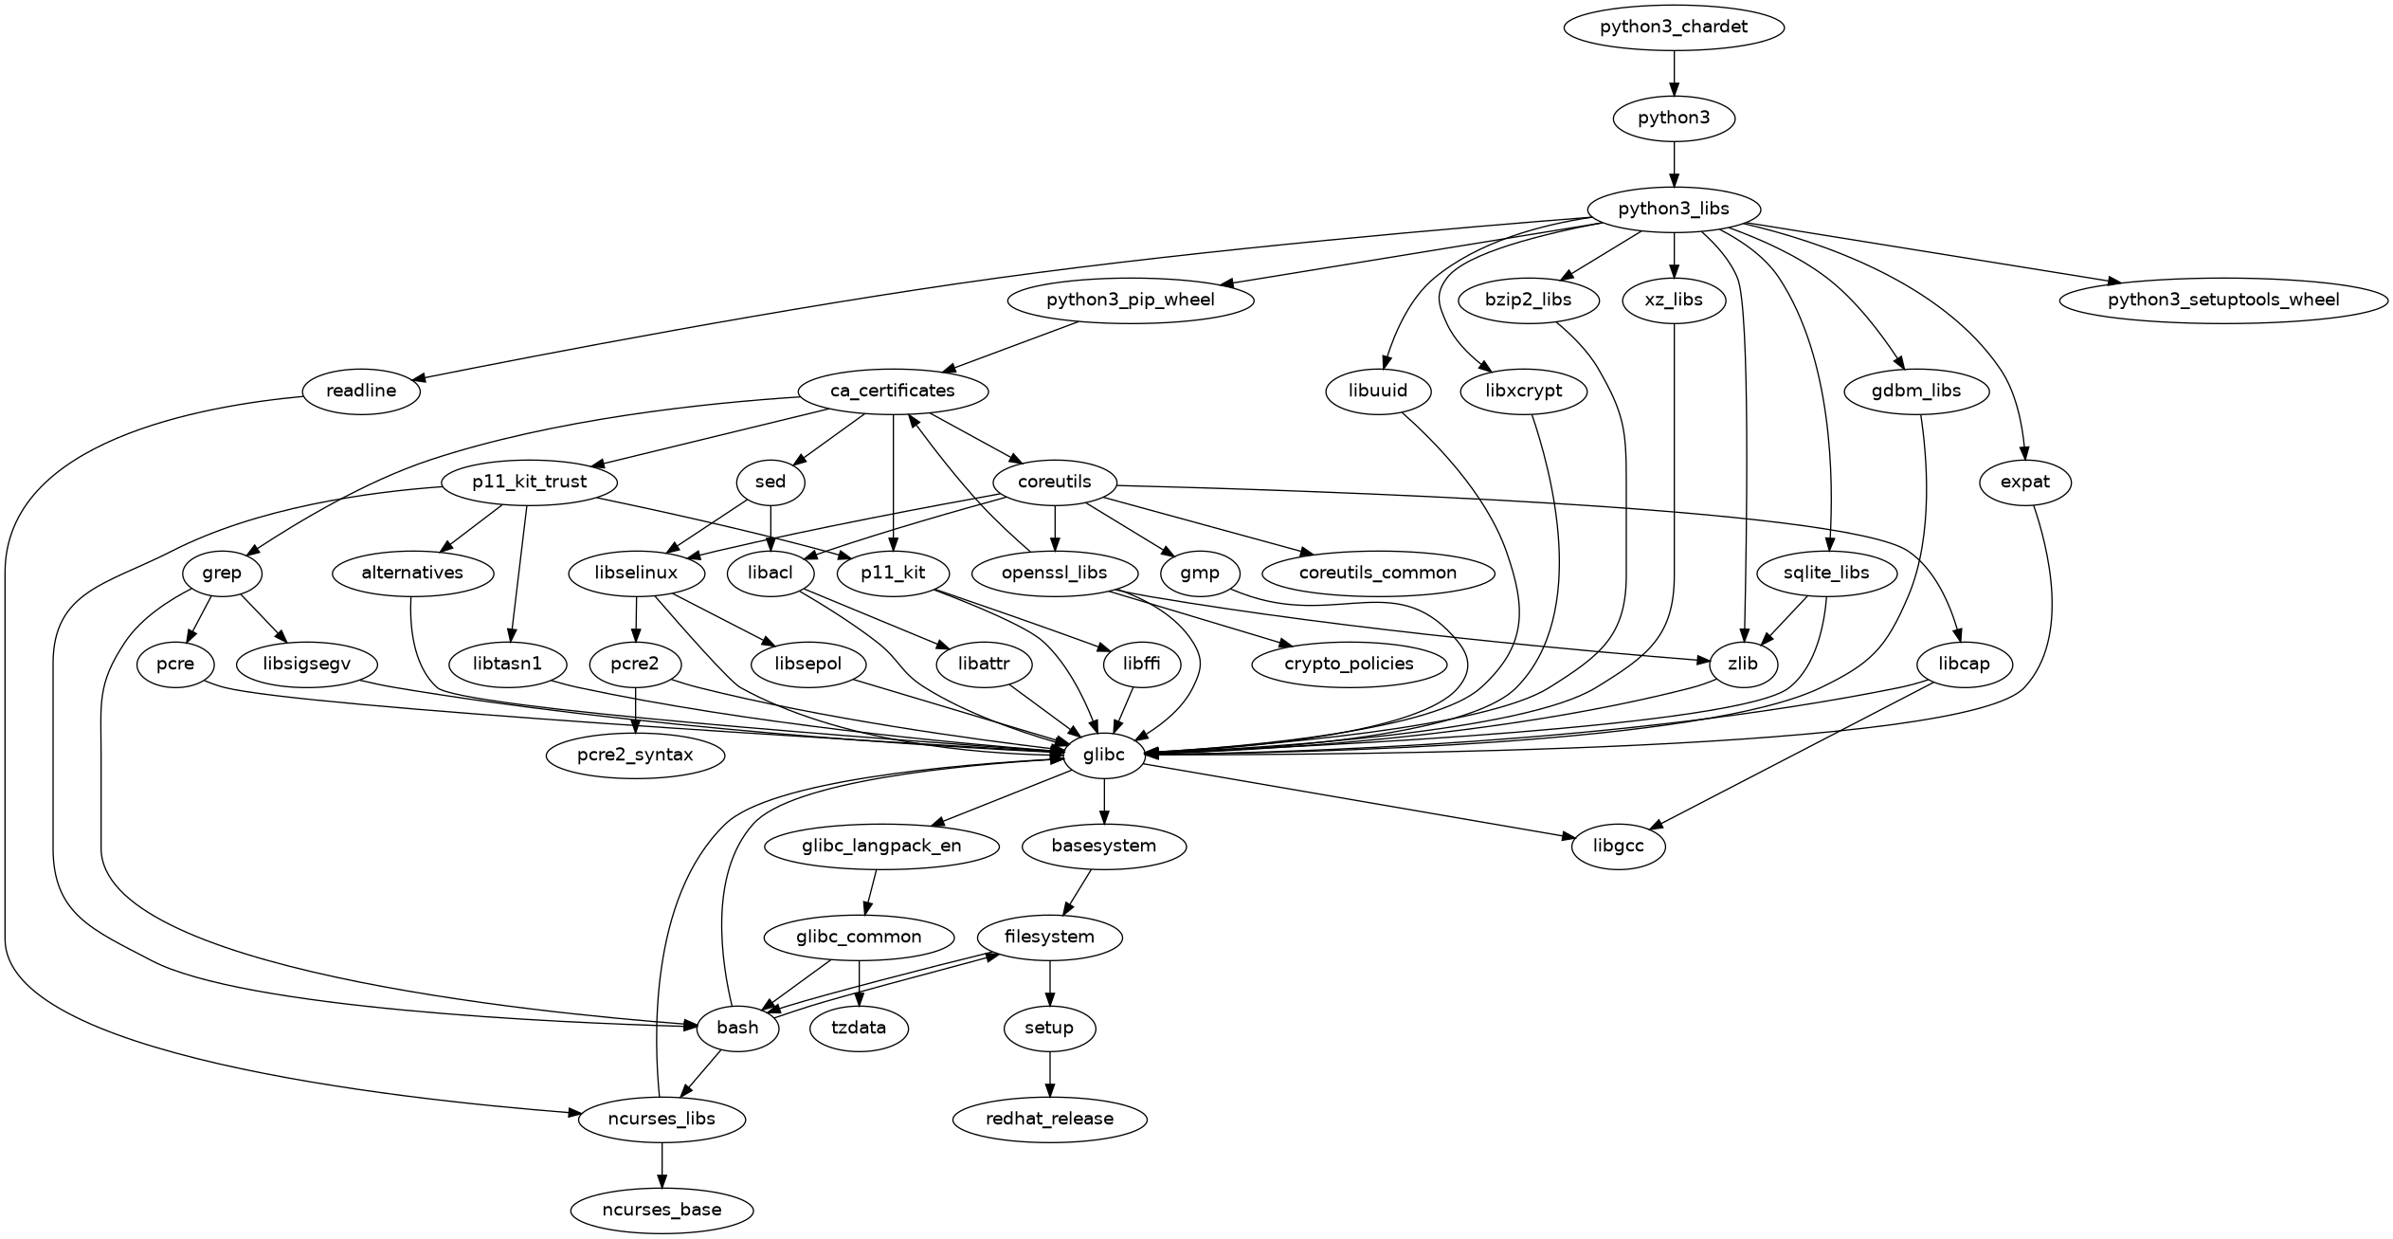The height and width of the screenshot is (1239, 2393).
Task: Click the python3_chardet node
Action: (1674, 27)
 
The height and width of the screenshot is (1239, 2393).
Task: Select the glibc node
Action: (1104, 756)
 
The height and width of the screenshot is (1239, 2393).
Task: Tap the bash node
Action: (737, 1028)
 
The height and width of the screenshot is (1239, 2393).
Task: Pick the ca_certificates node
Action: (893, 391)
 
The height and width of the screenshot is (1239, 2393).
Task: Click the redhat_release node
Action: (1049, 1119)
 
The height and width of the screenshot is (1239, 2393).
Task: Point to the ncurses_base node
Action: (662, 1210)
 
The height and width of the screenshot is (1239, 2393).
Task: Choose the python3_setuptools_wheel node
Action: (2223, 301)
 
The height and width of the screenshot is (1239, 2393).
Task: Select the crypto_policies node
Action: (1349, 664)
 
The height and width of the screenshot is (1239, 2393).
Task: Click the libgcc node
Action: (1619, 846)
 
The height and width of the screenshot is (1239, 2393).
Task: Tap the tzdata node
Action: (859, 1028)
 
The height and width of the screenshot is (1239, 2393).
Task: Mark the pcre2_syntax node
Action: (635, 756)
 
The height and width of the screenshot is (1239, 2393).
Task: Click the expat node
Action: (2025, 482)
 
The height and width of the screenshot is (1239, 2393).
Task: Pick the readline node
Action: (361, 391)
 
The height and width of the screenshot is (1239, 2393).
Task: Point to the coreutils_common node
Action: (1378, 573)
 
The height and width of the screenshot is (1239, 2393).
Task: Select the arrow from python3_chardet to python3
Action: (1674, 73)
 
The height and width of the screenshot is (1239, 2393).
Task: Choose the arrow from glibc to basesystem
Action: (1104, 801)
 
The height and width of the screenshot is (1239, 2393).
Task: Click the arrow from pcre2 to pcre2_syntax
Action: (635, 710)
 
